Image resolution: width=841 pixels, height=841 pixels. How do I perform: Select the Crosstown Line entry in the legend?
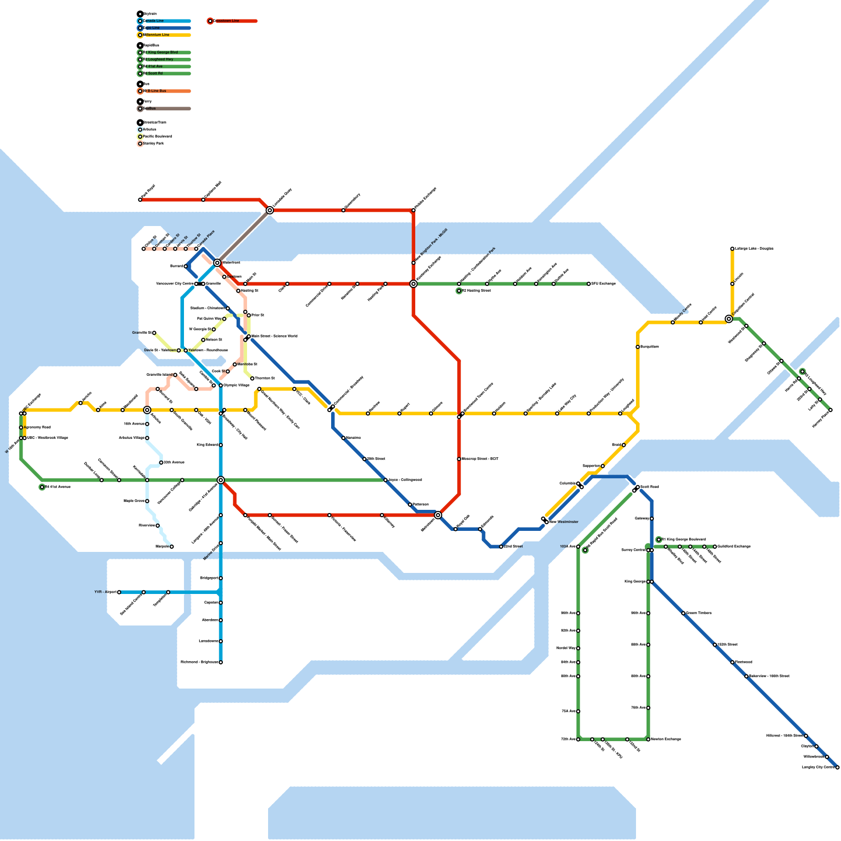pyautogui.click(x=226, y=21)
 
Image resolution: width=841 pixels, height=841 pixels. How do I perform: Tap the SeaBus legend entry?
pyautogui.click(x=150, y=109)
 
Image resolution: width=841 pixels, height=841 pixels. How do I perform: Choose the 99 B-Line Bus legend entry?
pyautogui.click(x=155, y=91)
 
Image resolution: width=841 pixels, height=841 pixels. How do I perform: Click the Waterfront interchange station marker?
pyautogui.click(x=217, y=263)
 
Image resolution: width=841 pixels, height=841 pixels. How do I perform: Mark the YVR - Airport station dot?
pyautogui.click(x=119, y=592)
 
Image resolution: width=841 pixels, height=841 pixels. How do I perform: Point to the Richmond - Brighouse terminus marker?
pyautogui.click(x=221, y=662)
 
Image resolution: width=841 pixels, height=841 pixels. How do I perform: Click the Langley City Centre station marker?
pyautogui.click(x=837, y=767)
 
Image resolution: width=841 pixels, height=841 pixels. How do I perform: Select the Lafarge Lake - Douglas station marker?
pyautogui.click(x=732, y=249)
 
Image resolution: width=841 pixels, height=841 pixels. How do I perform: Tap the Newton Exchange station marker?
pyautogui.click(x=648, y=740)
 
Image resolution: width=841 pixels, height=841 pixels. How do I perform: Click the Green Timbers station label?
pyautogui.click(x=699, y=613)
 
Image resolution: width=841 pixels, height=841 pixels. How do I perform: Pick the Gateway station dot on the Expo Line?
pyautogui.click(x=652, y=519)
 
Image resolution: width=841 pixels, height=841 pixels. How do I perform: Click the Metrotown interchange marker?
pyautogui.click(x=438, y=515)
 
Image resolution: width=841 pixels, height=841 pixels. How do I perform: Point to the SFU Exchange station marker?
pyautogui.click(x=589, y=284)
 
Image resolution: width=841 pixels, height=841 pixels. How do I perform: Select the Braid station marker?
pyautogui.click(x=624, y=445)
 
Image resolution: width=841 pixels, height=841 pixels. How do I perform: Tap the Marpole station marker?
pyautogui.click(x=172, y=547)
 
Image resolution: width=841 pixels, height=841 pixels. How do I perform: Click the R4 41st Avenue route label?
pyautogui.click(x=57, y=487)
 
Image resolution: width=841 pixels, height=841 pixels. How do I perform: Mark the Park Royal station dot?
pyautogui.click(x=140, y=200)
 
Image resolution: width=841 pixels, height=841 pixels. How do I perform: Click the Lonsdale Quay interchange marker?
pyautogui.click(x=270, y=210)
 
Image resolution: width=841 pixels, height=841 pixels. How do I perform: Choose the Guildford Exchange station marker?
pyautogui.click(x=715, y=547)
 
